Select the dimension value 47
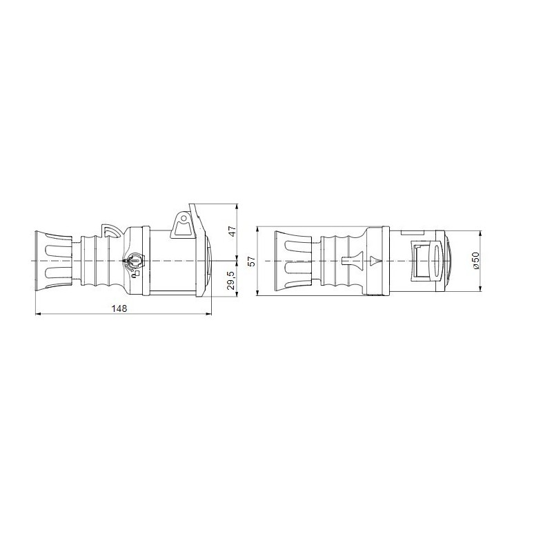click(233, 231)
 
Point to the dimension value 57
click(251, 261)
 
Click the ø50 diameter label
click(475, 260)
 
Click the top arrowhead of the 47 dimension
click(237, 206)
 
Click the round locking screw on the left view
click(134, 261)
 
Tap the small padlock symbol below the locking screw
click(136, 273)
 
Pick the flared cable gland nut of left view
click(52, 261)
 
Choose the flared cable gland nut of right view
click(295, 261)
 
